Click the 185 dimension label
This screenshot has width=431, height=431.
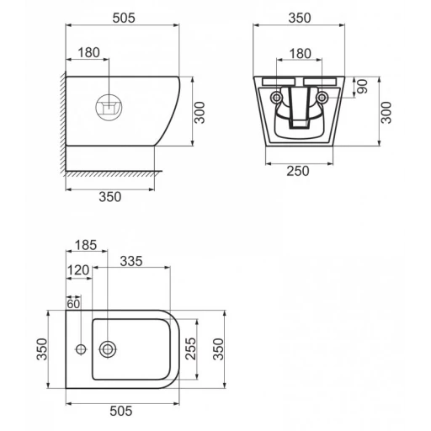click(x=86, y=245)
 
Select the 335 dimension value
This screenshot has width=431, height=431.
click(x=131, y=261)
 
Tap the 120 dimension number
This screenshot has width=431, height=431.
click(x=78, y=270)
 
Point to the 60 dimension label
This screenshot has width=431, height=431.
click(x=73, y=304)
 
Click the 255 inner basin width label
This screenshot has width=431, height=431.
click(x=191, y=349)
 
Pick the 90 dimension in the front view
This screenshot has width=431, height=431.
click(x=362, y=87)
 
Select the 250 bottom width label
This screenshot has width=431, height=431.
click(x=298, y=171)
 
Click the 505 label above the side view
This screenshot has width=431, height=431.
click(x=124, y=18)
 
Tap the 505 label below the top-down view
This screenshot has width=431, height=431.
click(x=121, y=411)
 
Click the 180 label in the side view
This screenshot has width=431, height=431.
click(x=88, y=52)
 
